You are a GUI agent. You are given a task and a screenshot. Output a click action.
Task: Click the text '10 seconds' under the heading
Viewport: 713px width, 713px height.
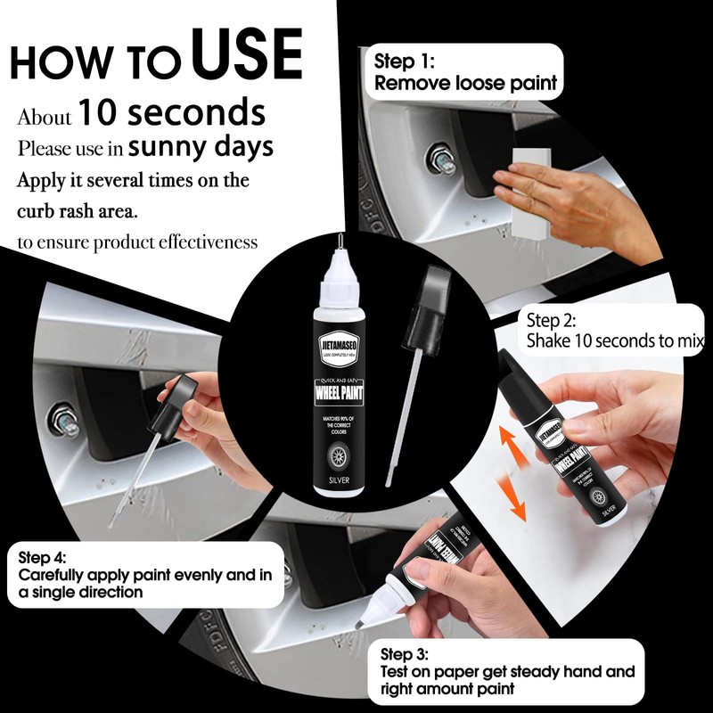tap(171, 114)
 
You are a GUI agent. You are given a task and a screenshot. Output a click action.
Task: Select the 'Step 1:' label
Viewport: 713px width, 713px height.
tap(404, 62)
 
